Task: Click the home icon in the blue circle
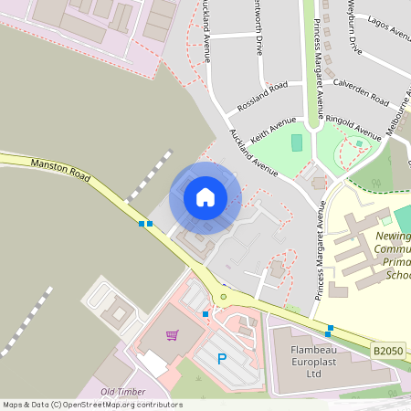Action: pyautogui.click(x=205, y=197)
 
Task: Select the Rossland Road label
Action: pyautogui.click(x=262, y=96)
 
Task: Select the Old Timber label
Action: pyautogui.click(x=122, y=392)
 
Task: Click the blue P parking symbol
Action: pyautogui.click(x=220, y=359)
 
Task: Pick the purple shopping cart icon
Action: pyautogui.click(x=171, y=334)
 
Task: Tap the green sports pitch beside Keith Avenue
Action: pyautogui.click(x=296, y=142)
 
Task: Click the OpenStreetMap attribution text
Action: pyautogui.click(x=92, y=404)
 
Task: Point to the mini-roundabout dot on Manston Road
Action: pyautogui.click(x=222, y=296)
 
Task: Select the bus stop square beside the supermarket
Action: pyautogui.click(x=205, y=314)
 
